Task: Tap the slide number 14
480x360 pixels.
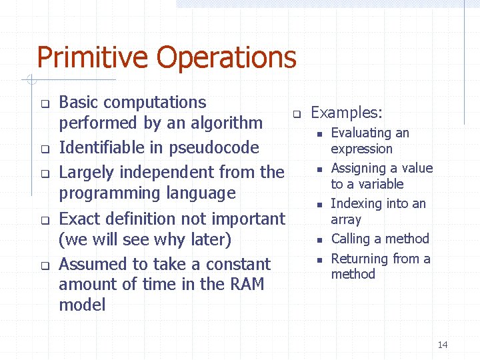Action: [443, 345]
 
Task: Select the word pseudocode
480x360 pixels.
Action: [215, 148]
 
